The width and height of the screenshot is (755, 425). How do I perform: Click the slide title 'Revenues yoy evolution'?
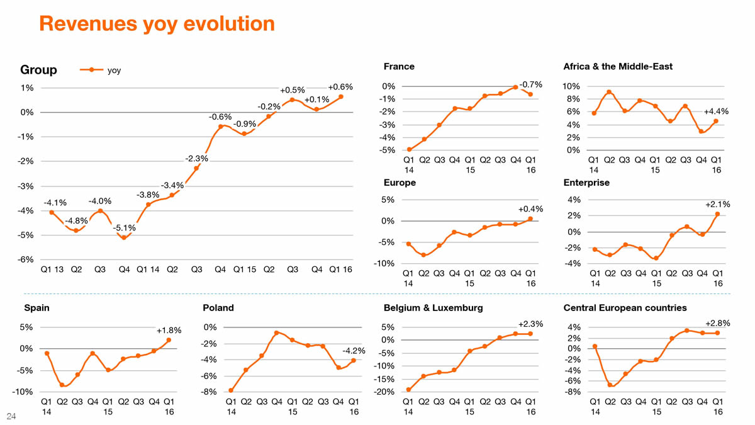[x=157, y=24]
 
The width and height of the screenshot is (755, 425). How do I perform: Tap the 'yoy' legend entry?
[x=114, y=70]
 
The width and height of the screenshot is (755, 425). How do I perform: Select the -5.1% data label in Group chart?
[x=124, y=227]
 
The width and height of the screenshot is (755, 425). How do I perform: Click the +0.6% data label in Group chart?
[x=340, y=88]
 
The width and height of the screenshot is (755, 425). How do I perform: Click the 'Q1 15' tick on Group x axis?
[x=244, y=270]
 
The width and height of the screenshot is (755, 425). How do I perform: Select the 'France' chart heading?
[x=399, y=66]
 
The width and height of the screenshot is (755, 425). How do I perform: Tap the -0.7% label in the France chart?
[x=531, y=84]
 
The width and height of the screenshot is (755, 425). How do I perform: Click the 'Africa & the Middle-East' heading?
[x=618, y=66]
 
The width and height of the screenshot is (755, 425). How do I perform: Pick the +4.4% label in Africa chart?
[x=716, y=111]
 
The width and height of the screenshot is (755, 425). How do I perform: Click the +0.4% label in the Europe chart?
[x=530, y=209]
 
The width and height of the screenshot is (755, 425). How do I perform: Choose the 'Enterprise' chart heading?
[x=586, y=183]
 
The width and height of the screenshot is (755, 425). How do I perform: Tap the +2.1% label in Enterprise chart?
[x=717, y=204]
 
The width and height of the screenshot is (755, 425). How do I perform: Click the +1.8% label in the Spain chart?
[x=169, y=330]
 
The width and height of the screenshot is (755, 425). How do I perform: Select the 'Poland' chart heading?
[x=218, y=308]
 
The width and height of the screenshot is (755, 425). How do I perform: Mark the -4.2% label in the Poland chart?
[x=354, y=350]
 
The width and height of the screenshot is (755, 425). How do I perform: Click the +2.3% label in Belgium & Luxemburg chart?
[x=530, y=324]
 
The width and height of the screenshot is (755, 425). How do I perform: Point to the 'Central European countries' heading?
[x=625, y=308]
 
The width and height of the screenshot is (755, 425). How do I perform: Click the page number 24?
[x=11, y=416]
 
